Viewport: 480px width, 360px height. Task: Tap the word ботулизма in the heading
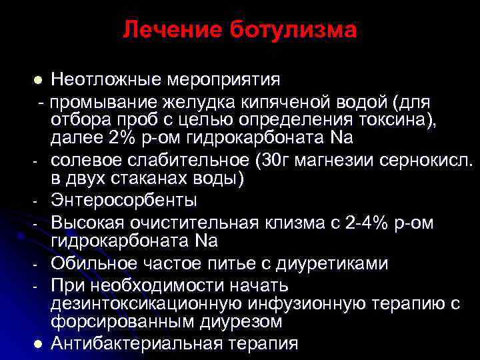293,30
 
